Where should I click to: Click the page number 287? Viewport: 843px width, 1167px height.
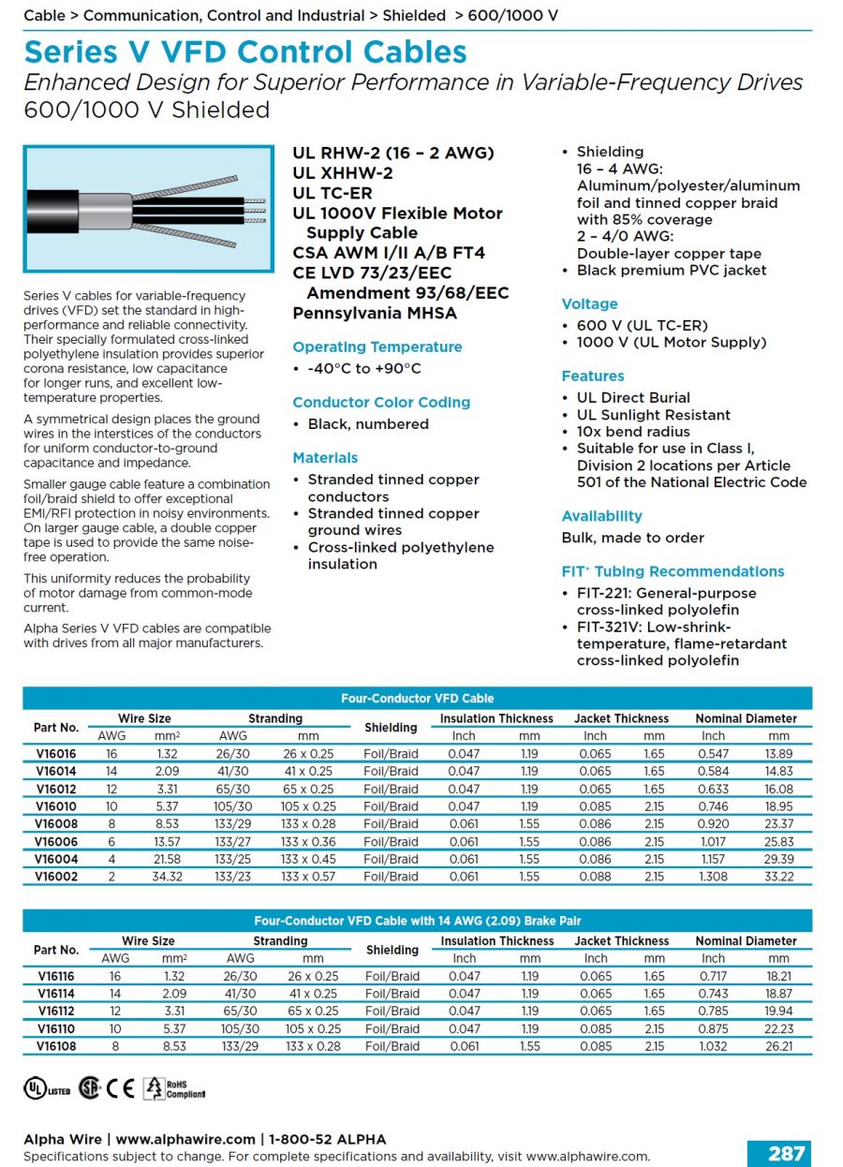pos(786,1154)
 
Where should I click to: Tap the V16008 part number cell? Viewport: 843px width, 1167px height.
pos(56,823)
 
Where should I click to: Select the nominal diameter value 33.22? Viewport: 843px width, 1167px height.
pos(778,877)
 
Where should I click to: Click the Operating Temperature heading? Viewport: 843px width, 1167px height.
pos(377,347)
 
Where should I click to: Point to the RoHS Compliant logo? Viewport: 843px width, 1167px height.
pos(174,1087)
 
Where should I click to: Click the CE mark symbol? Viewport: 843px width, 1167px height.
pos(121,1087)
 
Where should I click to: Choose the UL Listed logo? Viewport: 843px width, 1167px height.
pos(46,1088)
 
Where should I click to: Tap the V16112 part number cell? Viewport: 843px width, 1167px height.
pos(56,1011)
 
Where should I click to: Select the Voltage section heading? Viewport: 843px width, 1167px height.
pos(590,303)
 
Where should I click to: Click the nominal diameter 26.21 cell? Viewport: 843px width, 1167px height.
pos(778,1046)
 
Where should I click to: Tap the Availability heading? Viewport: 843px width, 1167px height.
pos(602,516)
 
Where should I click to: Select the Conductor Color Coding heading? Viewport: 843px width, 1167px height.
pos(381,402)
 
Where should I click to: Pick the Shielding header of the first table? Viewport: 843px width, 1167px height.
pos(391,727)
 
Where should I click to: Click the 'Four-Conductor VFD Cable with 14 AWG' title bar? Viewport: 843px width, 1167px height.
pos(418,921)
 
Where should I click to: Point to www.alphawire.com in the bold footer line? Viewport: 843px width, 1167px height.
pos(185,1139)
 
